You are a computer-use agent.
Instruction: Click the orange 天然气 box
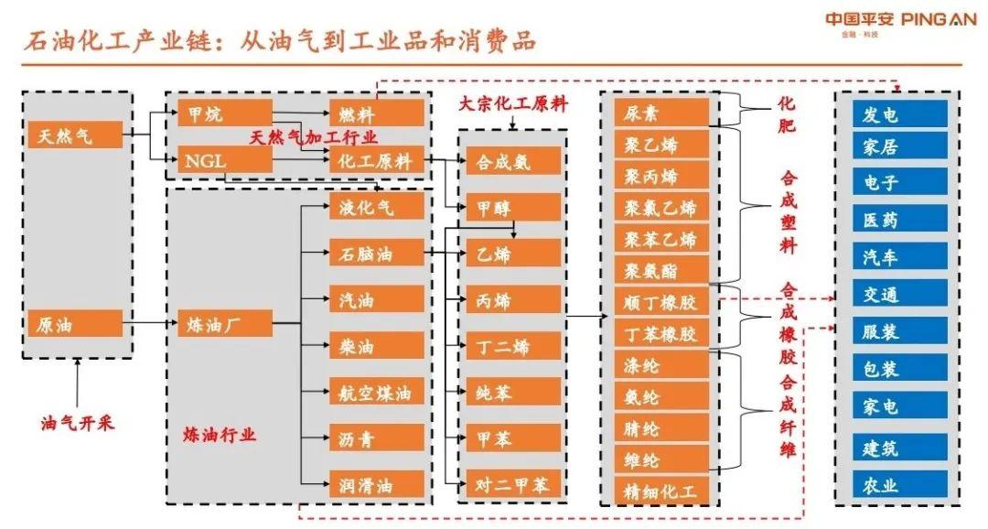[x=75, y=136]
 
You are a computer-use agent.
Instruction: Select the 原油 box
[x=75, y=324]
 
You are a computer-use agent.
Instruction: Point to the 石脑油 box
[x=377, y=254]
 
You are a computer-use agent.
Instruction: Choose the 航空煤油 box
[x=377, y=394]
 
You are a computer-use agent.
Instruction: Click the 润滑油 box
[x=377, y=484]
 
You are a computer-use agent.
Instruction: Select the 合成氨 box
[x=512, y=161]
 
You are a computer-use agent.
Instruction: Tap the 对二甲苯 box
[x=512, y=484]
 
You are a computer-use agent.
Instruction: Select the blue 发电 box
[x=892, y=113]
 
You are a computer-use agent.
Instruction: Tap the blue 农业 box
[x=892, y=484]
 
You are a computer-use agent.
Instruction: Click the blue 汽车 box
[x=892, y=256]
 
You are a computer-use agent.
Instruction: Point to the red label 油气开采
[x=78, y=424]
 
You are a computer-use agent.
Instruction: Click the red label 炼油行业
[x=220, y=435]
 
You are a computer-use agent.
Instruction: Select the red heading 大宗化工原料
[x=512, y=104]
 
